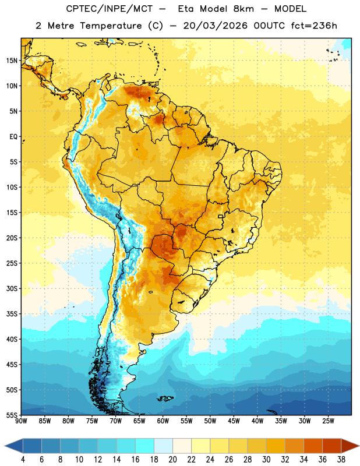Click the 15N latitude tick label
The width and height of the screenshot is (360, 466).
pyautogui.click(x=12, y=61)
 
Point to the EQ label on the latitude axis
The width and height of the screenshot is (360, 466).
pyautogui.click(x=13, y=137)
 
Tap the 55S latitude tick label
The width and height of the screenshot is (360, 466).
pyautogui.click(x=12, y=415)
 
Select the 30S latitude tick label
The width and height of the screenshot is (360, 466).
pyautogui.click(x=12, y=288)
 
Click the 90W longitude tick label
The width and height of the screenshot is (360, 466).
pyautogui.click(x=21, y=421)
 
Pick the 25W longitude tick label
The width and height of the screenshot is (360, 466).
pyautogui.click(x=328, y=421)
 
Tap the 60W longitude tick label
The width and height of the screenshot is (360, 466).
pyautogui.click(x=163, y=421)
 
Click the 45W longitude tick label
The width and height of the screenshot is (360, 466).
pyautogui.click(x=234, y=421)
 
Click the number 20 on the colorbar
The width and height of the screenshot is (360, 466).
pyautogui.click(x=172, y=460)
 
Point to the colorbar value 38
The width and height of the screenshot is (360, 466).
pyautogui.click(x=341, y=460)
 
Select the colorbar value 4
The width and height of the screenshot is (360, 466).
pyautogui.click(x=23, y=460)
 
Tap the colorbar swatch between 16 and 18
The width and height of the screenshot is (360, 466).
pyautogui.click(x=145, y=446)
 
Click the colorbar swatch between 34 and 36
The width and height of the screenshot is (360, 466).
pyautogui.click(x=313, y=446)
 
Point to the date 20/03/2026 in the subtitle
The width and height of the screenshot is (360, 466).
pyautogui.click(x=215, y=26)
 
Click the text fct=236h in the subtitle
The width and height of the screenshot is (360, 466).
pyautogui.click(x=314, y=26)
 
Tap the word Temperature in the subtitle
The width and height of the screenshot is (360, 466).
pyautogui.click(x=111, y=26)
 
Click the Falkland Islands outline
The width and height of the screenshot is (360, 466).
pyautogui.click(x=165, y=398)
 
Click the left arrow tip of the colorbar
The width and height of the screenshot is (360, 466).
pyautogui.click(x=5, y=446)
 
